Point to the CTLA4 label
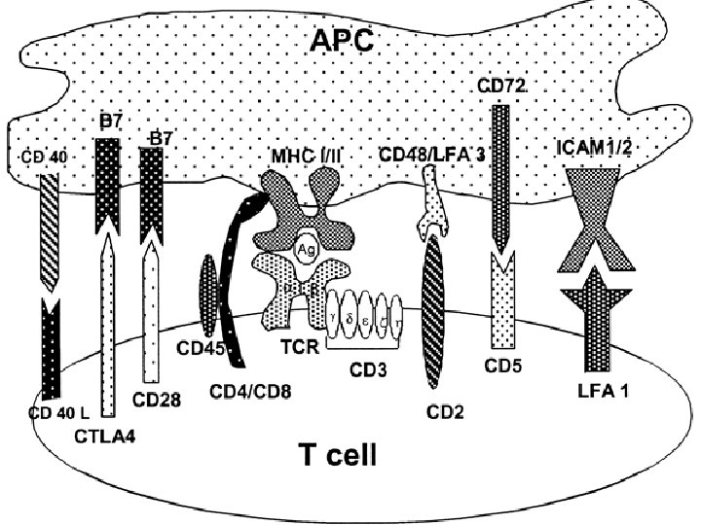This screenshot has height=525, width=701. (104, 435)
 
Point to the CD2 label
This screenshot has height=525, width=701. (444, 410)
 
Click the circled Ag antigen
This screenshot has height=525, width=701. (305, 249)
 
